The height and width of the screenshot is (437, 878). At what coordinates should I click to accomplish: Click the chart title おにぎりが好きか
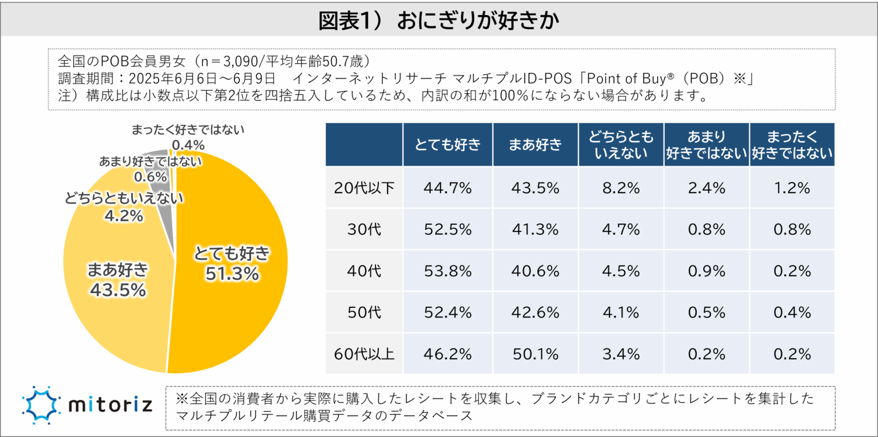point(438,21)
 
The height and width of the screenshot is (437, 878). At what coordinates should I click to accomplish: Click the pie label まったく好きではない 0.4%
point(187,137)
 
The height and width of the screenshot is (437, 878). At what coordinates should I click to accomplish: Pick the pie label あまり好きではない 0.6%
point(150,169)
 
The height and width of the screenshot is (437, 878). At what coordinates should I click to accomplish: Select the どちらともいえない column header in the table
point(621,145)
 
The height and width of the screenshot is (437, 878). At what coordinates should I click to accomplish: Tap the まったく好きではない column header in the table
point(792,145)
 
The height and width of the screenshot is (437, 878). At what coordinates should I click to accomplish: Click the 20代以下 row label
point(364,187)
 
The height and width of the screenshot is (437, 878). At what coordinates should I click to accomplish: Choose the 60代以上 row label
point(364,354)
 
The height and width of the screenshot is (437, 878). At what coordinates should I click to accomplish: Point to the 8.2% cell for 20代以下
point(621,187)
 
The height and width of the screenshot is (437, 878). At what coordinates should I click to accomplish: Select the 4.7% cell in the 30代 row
point(621,229)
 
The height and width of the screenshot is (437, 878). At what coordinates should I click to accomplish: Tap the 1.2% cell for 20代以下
point(792,187)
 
